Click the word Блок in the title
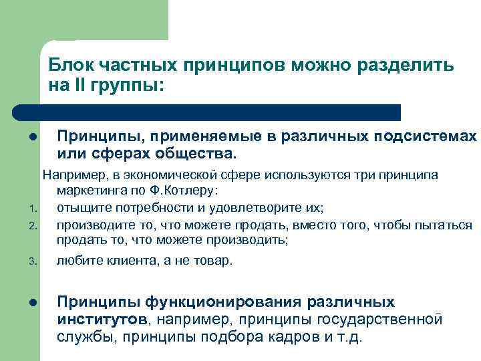72,66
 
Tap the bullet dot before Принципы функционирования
32,304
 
